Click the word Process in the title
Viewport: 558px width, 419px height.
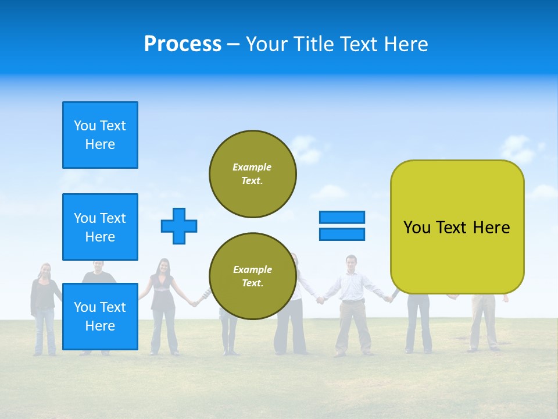183,44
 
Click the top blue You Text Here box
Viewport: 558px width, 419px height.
100,135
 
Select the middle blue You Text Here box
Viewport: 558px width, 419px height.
100,227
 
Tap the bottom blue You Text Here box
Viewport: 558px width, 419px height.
100,317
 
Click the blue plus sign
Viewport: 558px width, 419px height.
179,226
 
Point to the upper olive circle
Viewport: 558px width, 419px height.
253,174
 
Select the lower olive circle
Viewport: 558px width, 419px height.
253,276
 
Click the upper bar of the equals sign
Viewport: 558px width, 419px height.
342,217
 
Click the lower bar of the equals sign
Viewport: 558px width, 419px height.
342,234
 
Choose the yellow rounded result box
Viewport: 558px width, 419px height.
457,227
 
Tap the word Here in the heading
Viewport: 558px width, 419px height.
406,44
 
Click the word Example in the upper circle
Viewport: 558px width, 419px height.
252,167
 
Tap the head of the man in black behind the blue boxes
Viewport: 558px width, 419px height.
99,267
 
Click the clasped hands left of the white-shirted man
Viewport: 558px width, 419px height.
320,300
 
